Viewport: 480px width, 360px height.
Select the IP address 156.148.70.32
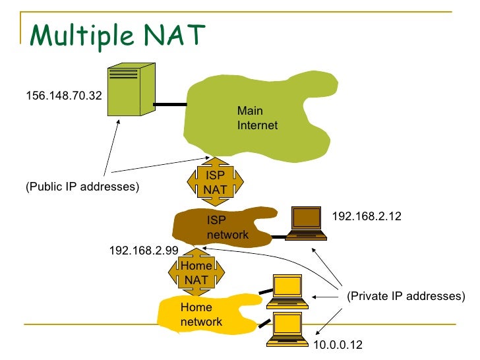63,96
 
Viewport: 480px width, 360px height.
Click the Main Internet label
257,118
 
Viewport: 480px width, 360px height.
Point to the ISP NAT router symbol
215,182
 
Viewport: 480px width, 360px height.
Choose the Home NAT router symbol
196,272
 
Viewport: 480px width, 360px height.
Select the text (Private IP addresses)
405,296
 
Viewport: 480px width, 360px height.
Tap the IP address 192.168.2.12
367,216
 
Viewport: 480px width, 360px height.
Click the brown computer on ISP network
309,222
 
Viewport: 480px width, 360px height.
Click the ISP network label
227,227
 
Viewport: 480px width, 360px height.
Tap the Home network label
201,315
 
